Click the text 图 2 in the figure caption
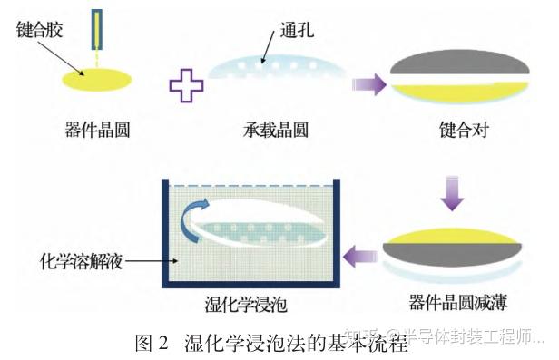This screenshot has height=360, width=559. coord(152,344)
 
